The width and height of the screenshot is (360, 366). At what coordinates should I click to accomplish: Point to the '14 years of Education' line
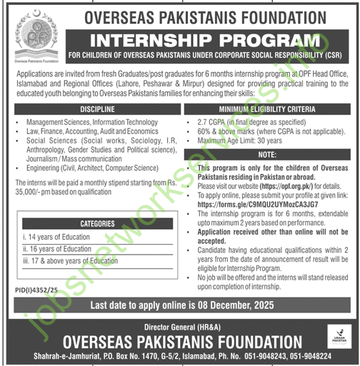(x=57, y=236)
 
